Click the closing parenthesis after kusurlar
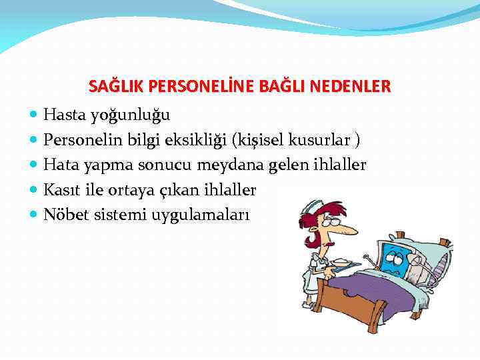click(358, 140)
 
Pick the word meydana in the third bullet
click(246, 165)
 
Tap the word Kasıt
click(61, 189)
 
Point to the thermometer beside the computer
click(369, 257)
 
